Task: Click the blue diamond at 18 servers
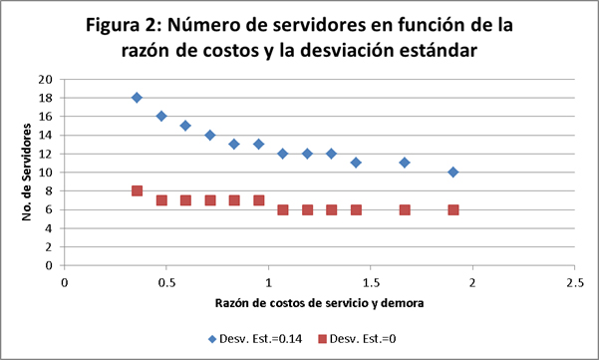tap(137, 98)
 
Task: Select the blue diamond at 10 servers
tap(453, 172)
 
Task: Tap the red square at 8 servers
tap(137, 190)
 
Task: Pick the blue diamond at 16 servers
tap(161, 116)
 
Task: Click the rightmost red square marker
tap(453, 209)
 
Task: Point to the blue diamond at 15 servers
tap(185, 126)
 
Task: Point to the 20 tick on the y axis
tap(46, 79)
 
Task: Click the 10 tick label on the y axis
tap(46, 173)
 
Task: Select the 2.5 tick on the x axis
tap(573, 281)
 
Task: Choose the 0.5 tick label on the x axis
tap(166, 281)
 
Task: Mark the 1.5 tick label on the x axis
tap(370, 281)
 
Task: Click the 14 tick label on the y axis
tap(46, 136)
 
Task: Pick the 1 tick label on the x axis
tap(268, 281)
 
